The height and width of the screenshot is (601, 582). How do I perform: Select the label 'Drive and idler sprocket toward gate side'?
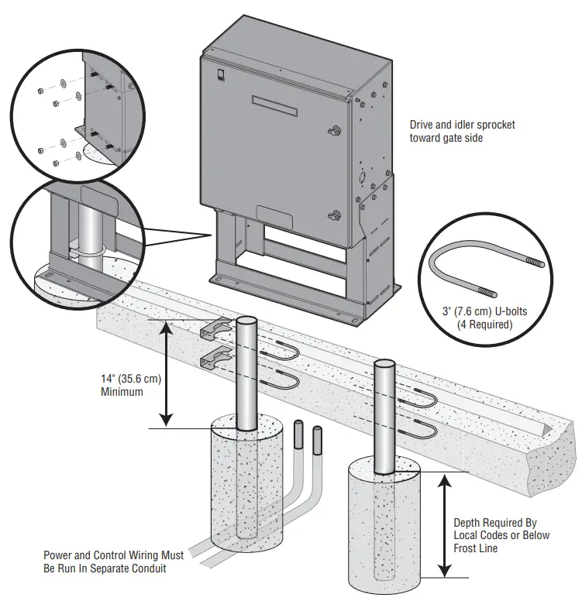[462, 131]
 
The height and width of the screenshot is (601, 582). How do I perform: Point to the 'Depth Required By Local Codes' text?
[501, 535]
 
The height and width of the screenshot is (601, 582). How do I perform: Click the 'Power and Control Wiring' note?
[114, 562]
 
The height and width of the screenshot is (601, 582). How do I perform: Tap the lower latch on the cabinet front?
[333, 216]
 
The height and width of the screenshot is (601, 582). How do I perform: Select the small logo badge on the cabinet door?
[219, 75]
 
